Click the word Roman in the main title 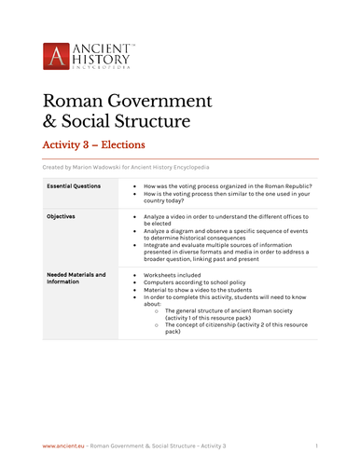70,101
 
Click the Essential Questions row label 76,187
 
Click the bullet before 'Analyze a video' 135,216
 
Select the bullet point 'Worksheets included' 173,277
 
